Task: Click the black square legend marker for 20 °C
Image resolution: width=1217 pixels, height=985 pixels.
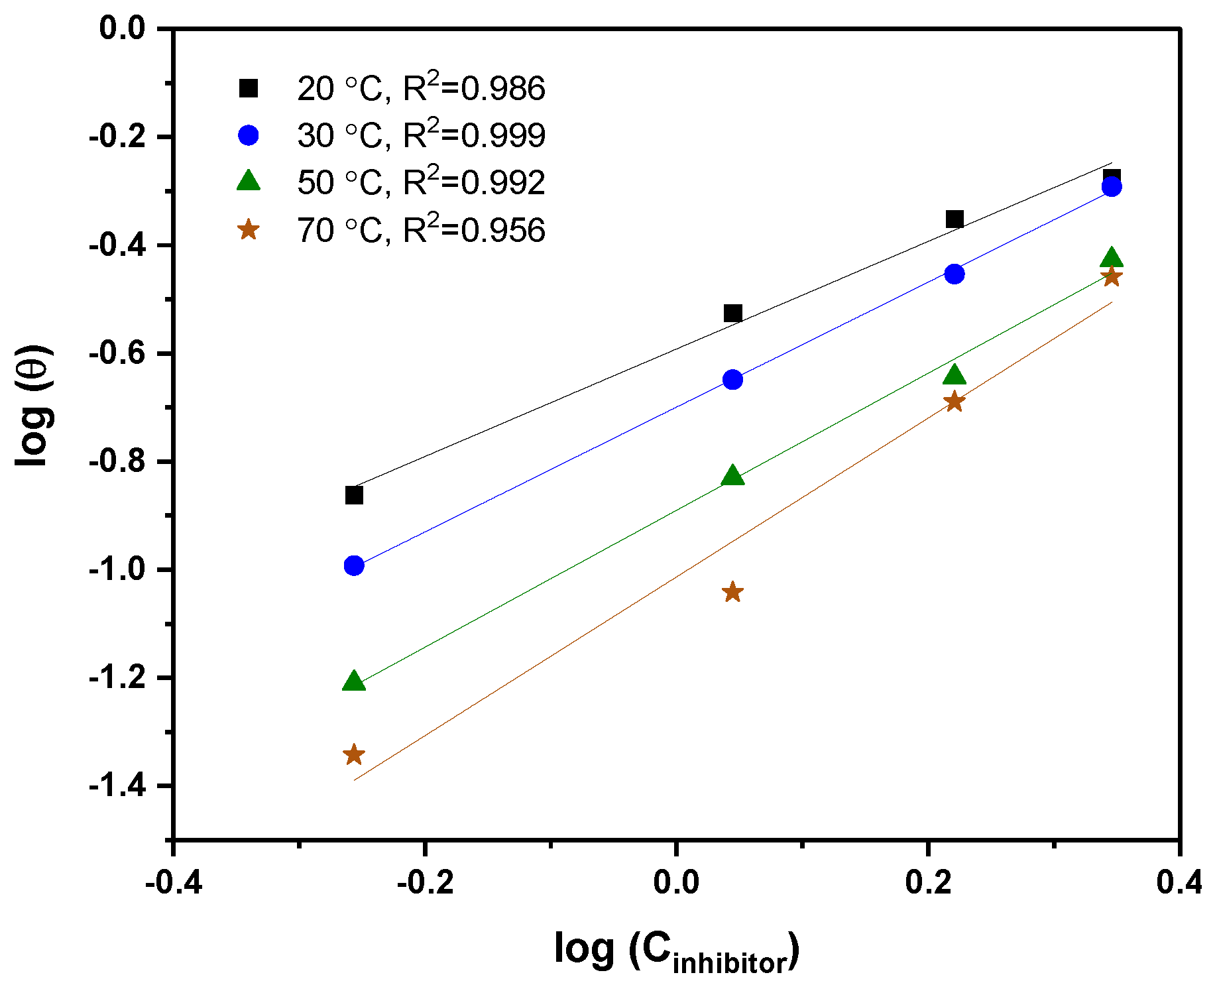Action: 249,88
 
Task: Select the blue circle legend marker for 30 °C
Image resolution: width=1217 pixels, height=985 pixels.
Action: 249,135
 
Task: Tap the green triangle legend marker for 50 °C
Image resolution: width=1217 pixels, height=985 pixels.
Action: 249,181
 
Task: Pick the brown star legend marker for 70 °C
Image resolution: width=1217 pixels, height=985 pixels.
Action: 249,230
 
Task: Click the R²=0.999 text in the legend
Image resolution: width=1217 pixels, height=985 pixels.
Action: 475,135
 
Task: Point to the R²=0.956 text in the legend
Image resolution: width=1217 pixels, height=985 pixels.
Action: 475,229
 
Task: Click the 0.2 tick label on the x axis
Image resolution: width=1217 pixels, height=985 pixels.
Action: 927,882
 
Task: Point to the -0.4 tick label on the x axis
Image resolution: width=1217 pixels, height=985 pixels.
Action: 173,882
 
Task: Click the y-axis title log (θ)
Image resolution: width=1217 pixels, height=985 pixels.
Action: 34,406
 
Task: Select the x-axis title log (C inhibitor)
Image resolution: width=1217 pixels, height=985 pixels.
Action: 677,951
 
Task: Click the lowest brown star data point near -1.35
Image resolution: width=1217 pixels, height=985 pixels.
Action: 354,754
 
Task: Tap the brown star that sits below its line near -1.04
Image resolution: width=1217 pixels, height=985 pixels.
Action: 732,592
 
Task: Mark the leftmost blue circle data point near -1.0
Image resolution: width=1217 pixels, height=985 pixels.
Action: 354,565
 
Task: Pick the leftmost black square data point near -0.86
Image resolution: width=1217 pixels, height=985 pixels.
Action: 354,495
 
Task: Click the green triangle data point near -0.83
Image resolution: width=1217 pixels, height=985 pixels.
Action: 732,475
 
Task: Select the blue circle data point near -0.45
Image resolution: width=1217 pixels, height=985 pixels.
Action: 954,274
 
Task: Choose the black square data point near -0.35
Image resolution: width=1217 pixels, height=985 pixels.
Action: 954,219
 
